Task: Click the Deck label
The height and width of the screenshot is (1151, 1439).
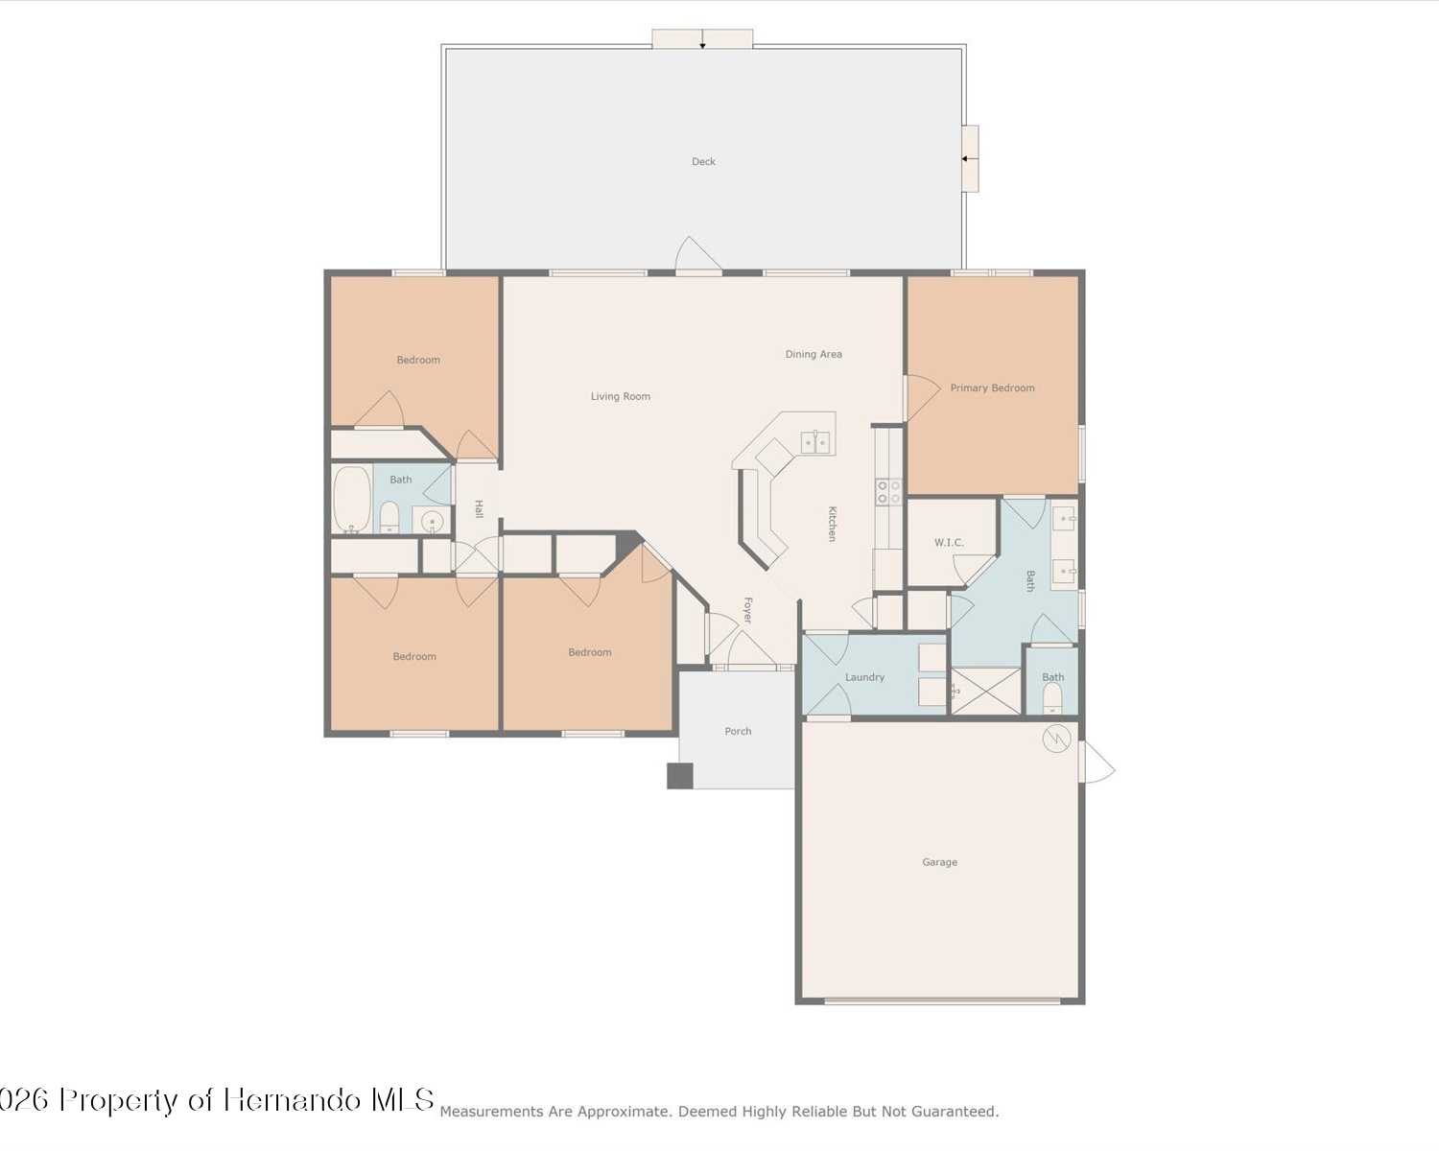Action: point(703,161)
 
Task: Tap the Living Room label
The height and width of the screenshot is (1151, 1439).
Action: point(621,396)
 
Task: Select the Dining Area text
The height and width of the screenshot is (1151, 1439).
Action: point(814,355)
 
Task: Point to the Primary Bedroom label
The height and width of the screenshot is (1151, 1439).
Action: point(992,388)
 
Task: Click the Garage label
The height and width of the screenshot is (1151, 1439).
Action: point(939,862)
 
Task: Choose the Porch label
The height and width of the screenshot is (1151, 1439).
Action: point(739,731)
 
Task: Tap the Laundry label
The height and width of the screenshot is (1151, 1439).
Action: point(864,677)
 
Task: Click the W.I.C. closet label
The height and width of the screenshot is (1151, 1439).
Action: point(949,542)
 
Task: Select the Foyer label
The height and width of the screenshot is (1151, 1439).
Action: point(748,610)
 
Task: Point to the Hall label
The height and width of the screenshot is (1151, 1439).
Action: point(479,509)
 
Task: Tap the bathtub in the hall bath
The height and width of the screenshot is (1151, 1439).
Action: point(352,500)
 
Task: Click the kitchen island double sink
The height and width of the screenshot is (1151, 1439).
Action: point(815,442)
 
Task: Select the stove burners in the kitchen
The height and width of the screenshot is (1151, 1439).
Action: point(889,492)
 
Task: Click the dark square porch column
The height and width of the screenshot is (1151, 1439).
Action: point(680,776)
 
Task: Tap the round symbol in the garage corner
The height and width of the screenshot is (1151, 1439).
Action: point(1056,739)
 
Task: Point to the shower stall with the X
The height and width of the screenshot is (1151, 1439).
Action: point(986,691)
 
